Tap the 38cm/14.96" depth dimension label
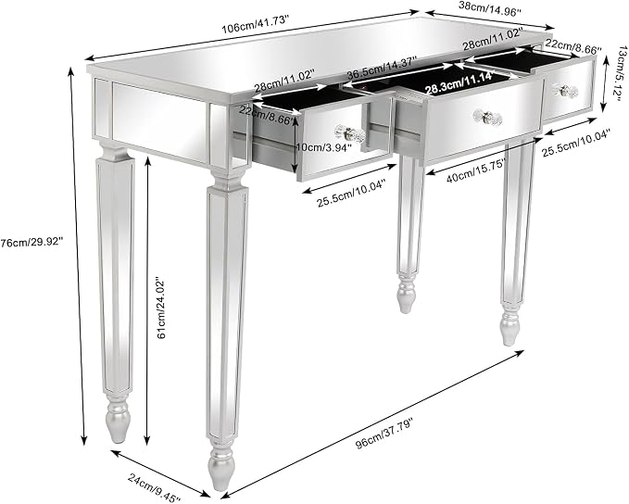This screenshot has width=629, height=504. pos(489,9)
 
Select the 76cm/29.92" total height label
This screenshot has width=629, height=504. pos(31,242)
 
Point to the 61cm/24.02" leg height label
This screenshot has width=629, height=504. pos(161,307)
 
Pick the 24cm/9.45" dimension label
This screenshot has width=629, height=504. pos(155,486)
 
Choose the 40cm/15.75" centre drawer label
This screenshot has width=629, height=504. pos(476,170)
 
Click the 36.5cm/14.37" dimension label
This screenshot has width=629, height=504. pos(382,69)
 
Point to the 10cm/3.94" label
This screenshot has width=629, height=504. pos(323,147)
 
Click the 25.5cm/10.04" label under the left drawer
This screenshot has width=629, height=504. pos(351,193)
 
